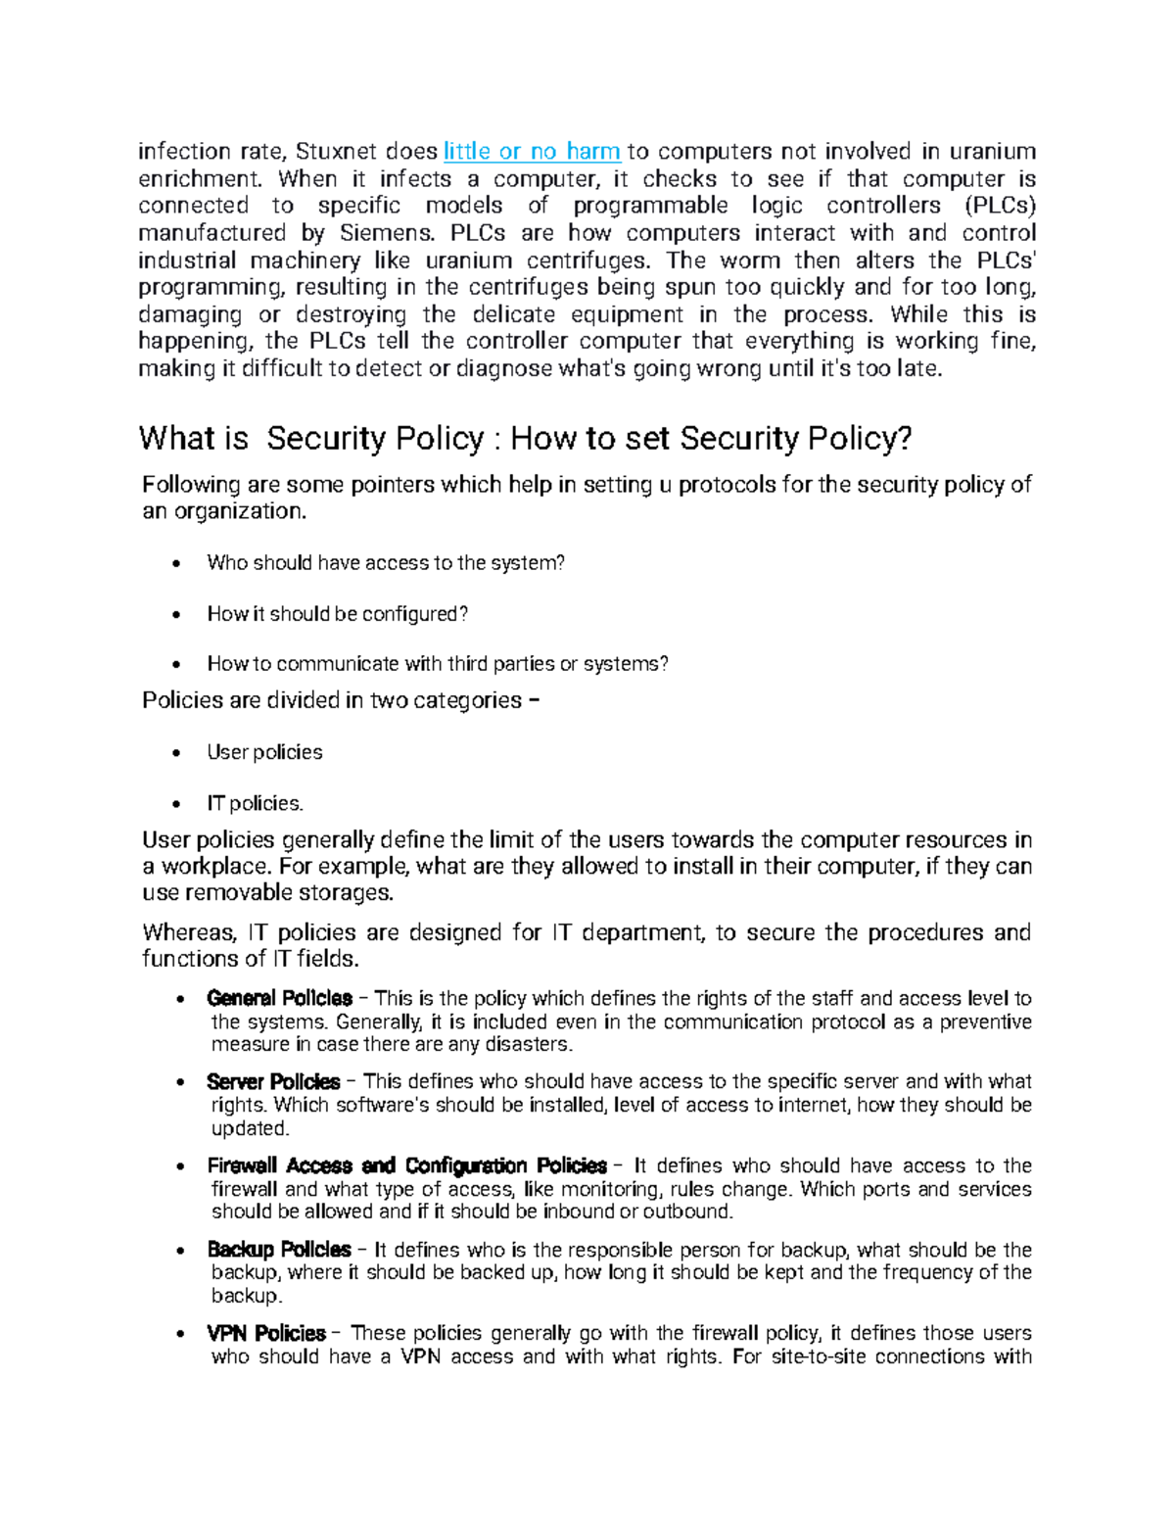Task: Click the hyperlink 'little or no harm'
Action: click(532, 152)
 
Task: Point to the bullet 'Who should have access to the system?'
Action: click(386, 563)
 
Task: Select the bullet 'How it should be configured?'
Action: click(338, 614)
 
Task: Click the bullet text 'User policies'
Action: click(264, 752)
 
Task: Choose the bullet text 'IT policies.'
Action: click(255, 803)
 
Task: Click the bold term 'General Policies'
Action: click(279, 999)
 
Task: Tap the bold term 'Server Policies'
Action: click(273, 1082)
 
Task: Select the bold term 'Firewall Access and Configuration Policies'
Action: click(406, 1165)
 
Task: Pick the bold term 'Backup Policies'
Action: click(279, 1250)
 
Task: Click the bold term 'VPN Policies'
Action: click(266, 1334)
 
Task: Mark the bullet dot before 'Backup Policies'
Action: click(179, 1252)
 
